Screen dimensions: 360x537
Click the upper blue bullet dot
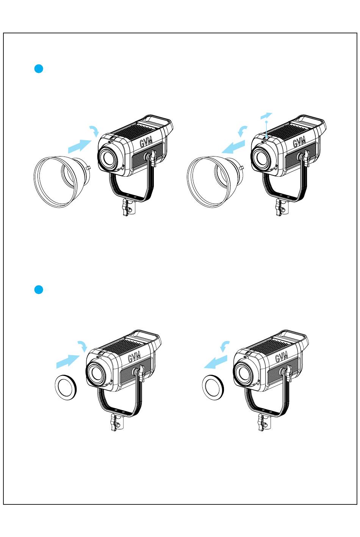[39, 69]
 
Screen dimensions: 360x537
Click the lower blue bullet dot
[39, 290]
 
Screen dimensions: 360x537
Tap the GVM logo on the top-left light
[146, 142]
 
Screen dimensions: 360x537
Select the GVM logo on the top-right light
[299, 142]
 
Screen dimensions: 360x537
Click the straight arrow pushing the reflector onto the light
[80, 146]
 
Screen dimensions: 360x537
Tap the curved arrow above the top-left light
[94, 131]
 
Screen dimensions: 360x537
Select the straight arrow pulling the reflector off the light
[233, 147]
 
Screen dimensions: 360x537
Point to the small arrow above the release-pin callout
[266, 116]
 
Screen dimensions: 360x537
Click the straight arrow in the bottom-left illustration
[68, 362]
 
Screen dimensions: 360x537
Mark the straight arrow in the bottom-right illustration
[216, 362]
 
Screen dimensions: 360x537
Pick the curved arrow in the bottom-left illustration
[83, 347]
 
